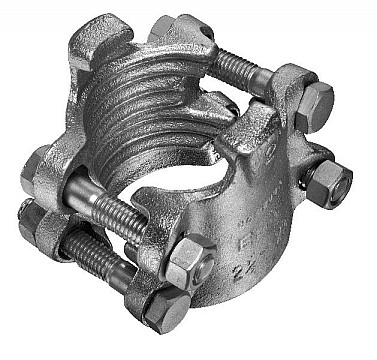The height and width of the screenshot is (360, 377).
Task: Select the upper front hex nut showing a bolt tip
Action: tap(188, 262)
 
